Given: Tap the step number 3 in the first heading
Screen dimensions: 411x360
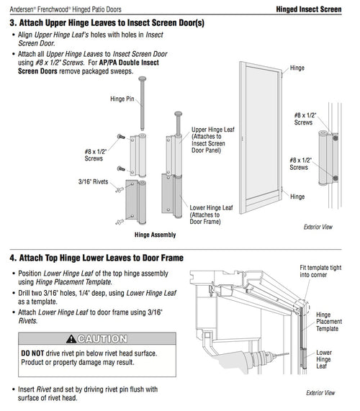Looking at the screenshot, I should pyautogui.click(x=14, y=24).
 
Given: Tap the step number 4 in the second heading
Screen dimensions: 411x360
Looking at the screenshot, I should pyautogui.click(x=14, y=257).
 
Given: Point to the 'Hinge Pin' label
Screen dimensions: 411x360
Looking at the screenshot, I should pyautogui.click(x=124, y=99).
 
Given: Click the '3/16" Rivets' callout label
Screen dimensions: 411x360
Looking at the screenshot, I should pyautogui.click(x=91, y=181).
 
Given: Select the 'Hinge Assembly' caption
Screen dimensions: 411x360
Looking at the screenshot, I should pyautogui.click(x=156, y=234).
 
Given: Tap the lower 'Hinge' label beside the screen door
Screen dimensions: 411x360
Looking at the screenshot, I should pyautogui.click(x=297, y=196).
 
